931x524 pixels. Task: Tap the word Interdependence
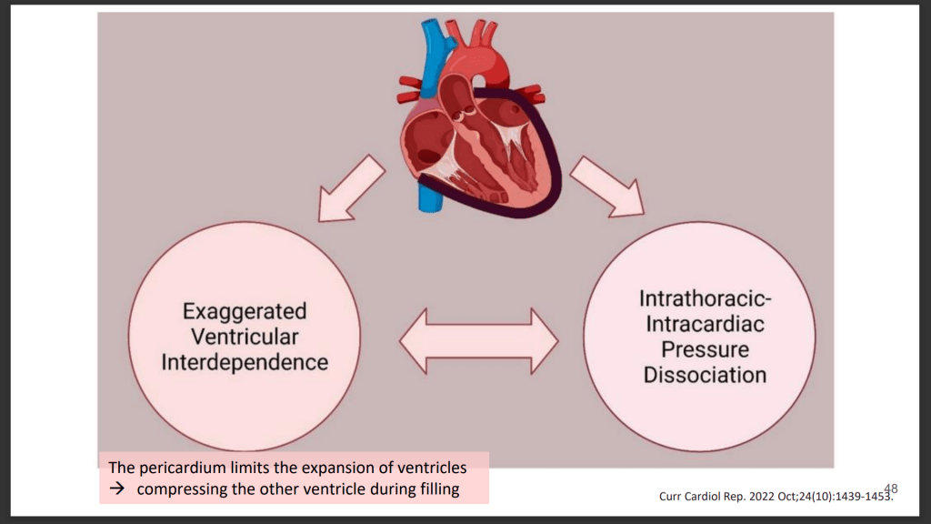pos(245,361)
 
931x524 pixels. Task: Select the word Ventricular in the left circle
pos(245,337)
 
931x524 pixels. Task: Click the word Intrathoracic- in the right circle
pos(705,298)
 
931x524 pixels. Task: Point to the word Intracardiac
pos(705,324)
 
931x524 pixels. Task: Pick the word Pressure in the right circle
pos(705,349)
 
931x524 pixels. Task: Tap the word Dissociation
pos(705,374)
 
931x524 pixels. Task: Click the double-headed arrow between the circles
pos(479,340)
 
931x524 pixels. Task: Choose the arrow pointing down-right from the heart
pos(607,187)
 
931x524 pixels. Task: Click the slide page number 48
pos(890,489)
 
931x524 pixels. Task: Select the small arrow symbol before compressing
pos(116,490)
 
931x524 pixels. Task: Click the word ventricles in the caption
pos(433,468)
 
